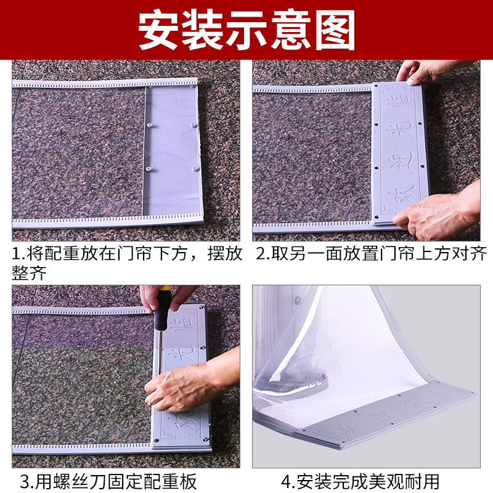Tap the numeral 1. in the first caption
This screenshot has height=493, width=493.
click(19, 253)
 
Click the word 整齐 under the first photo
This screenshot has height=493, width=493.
click(29, 273)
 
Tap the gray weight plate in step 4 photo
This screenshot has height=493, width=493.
click(394, 413)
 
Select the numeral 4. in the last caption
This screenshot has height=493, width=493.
click(288, 480)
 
